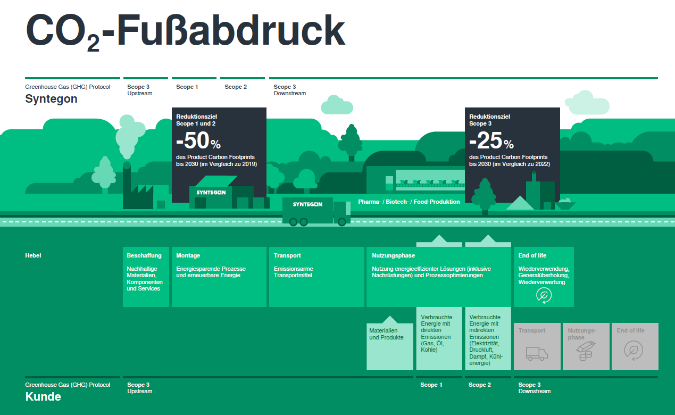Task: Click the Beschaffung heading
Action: point(144,256)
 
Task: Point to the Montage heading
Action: point(188,256)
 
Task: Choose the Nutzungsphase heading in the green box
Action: point(393,256)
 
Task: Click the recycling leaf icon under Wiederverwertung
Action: point(544,295)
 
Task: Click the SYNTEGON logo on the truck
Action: point(307,204)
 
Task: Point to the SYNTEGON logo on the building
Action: point(211,192)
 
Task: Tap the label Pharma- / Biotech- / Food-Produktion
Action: point(409,202)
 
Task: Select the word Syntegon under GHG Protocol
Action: point(51,99)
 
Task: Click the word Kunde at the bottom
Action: point(43,397)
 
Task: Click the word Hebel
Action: point(33,256)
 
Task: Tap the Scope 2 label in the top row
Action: point(236,87)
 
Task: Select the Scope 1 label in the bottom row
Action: point(431,385)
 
